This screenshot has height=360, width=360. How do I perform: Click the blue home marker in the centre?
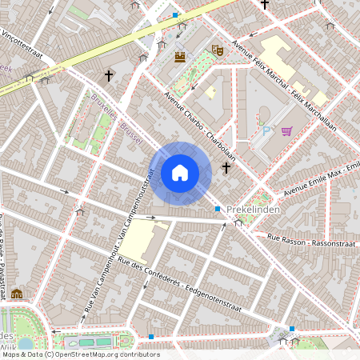coord(180,173)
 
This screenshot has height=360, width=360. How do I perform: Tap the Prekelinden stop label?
coord(252,210)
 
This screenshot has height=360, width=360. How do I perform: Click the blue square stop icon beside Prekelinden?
coord(218,209)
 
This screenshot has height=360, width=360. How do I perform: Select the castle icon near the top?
coord(180,57)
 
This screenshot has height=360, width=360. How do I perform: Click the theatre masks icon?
coord(216,50)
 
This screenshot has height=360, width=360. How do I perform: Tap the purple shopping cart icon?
coord(286,131)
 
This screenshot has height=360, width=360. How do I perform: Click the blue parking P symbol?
coord(268,130)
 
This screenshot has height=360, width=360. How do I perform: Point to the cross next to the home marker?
coord(226,168)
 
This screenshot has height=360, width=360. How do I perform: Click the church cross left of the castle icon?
coord(109,76)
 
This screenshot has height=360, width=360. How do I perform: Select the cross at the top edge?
coord(265,5)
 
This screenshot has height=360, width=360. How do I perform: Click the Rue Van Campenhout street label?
coord(118,240)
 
